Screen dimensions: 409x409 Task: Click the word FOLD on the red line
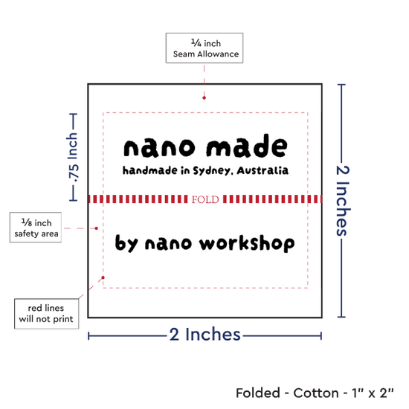(205, 199)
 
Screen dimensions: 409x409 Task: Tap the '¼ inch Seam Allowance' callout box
(204, 48)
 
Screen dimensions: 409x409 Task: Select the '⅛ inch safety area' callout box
(36, 228)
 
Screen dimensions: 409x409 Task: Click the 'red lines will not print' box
(46, 314)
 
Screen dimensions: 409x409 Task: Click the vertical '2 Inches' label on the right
(342, 201)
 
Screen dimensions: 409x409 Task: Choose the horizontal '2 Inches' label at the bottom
(204, 335)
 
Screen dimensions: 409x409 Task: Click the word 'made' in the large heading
(247, 146)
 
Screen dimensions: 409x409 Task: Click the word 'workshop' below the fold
(247, 243)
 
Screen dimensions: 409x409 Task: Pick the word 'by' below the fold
(126, 243)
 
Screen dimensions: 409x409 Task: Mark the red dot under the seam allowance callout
(204, 98)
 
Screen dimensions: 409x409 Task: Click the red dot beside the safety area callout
(96, 228)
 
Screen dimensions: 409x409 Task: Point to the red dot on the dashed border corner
(103, 277)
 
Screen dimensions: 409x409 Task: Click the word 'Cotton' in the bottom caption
(316, 393)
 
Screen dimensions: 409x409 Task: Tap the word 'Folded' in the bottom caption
(258, 393)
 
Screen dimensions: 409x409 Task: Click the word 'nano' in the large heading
(159, 148)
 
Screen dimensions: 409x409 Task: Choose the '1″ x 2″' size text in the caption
(373, 393)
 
